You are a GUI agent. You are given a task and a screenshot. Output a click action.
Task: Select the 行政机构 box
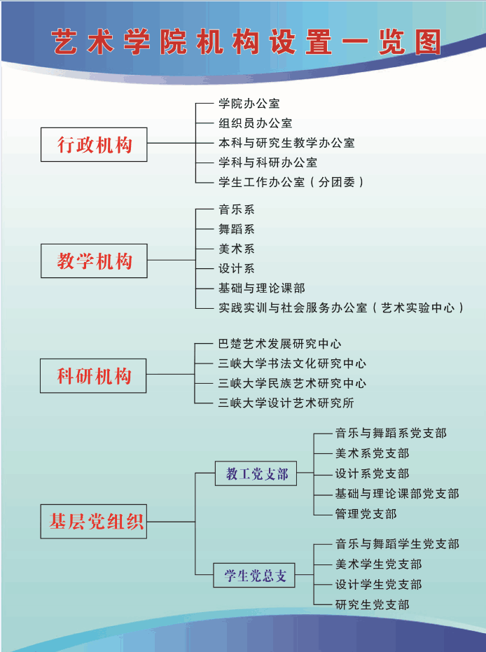point(94,145)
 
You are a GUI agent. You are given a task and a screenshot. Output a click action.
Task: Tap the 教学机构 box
point(94,261)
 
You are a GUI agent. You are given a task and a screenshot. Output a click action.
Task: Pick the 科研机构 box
point(94,376)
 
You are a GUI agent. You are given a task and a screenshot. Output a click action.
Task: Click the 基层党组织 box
point(94,522)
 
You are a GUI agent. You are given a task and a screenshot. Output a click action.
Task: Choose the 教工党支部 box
point(256,474)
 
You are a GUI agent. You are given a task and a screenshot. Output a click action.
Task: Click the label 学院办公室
point(249,104)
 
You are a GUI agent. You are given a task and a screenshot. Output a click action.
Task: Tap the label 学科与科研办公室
point(268,162)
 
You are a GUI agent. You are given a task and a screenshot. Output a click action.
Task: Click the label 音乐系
point(236,209)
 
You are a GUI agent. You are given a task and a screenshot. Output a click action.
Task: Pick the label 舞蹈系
point(236,229)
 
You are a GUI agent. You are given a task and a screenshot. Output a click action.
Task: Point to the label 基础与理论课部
point(261,288)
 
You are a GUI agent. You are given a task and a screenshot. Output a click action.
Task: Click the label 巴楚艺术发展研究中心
point(279,344)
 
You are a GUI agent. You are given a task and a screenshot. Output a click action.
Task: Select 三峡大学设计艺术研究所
point(286,403)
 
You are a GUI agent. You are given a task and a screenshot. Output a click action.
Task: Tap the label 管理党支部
point(366,514)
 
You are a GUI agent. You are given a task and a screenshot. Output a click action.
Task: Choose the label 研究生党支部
point(372,604)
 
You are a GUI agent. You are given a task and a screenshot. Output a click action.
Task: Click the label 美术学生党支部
point(378,564)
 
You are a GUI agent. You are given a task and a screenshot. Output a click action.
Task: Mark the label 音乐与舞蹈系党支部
point(391,433)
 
